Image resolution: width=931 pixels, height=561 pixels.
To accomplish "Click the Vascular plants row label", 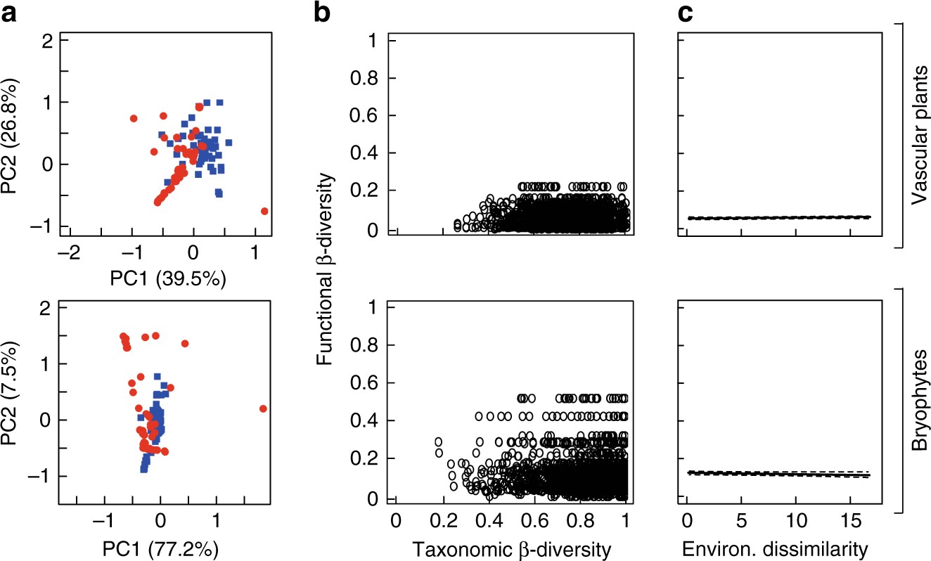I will [918, 135].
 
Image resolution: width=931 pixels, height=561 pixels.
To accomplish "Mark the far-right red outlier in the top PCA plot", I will [264, 211].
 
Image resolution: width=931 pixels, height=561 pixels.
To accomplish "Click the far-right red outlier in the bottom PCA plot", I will [263, 408].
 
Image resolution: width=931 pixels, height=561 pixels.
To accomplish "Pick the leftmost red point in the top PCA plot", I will [133, 118].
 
